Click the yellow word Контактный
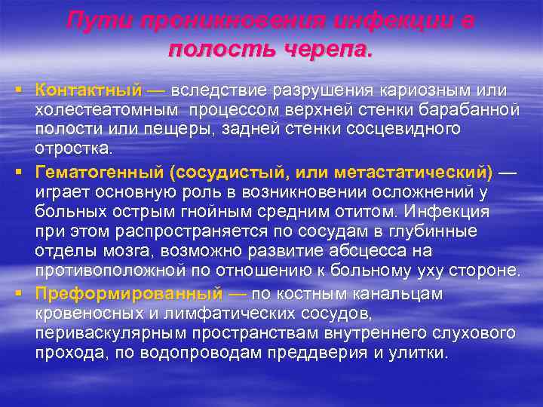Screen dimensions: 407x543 tap(88, 90)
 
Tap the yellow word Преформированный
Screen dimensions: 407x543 tap(128, 293)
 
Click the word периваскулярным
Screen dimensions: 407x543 tap(120, 332)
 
